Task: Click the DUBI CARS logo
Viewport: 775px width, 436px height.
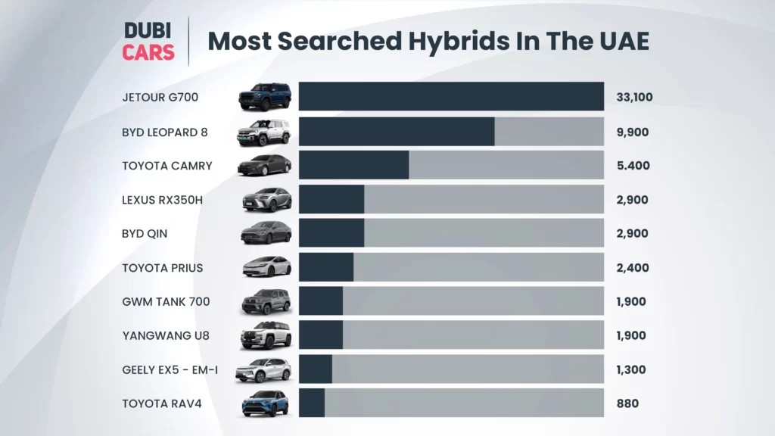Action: click(x=149, y=41)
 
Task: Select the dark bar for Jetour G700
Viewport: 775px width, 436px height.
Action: click(x=451, y=97)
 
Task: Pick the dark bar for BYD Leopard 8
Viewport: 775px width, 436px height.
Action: click(x=397, y=132)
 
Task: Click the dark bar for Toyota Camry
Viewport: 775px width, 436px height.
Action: click(x=353, y=166)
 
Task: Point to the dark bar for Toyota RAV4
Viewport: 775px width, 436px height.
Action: click(x=312, y=403)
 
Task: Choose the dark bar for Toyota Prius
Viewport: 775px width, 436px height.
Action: click(x=326, y=267)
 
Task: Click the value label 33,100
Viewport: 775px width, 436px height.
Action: click(x=634, y=98)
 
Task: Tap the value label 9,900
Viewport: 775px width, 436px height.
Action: click(x=632, y=132)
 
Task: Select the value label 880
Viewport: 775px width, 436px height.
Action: click(x=627, y=403)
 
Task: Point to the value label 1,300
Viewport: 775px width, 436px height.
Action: click(x=631, y=369)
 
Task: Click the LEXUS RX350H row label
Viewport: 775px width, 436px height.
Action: click(x=162, y=200)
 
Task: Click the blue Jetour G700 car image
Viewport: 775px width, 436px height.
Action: click(x=265, y=96)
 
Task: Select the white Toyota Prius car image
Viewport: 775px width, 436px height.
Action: click(x=266, y=266)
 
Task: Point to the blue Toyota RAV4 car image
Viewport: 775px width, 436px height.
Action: click(x=265, y=403)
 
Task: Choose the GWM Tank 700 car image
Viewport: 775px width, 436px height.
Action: click(x=266, y=301)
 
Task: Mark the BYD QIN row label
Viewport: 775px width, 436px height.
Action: click(x=145, y=234)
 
